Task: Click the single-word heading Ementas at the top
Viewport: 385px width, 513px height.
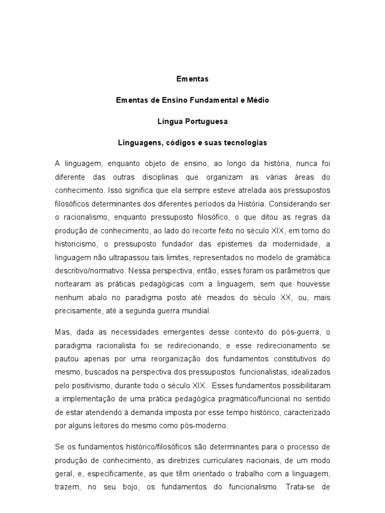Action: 192,79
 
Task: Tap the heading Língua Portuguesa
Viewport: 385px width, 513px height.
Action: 192,122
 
